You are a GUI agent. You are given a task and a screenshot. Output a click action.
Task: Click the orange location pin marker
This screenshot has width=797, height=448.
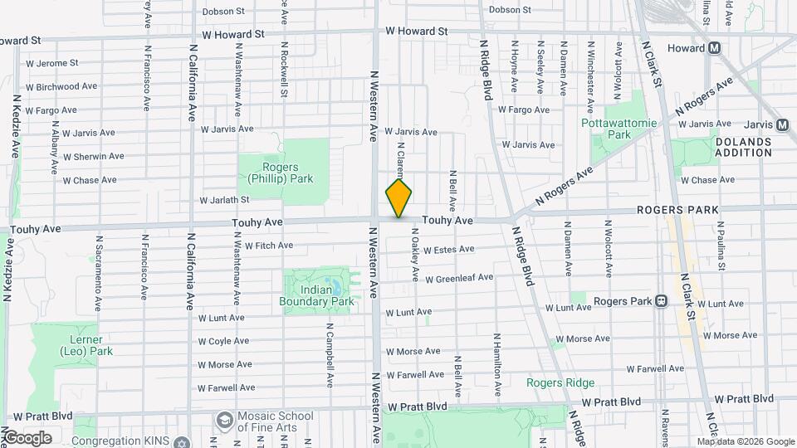(x=398, y=198)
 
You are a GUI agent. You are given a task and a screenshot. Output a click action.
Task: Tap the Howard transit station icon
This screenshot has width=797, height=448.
(x=714, y=49)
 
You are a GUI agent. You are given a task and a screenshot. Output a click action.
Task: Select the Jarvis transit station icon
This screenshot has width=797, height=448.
(x=781, y=125)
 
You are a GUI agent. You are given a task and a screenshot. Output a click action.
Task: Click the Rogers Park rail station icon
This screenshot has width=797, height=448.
(x=661, y=301)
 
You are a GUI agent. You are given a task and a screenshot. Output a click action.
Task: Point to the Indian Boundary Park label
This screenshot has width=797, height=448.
(x=327, y=295)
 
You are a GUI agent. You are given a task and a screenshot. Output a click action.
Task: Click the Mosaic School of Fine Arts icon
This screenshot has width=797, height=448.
(x=223, y=421)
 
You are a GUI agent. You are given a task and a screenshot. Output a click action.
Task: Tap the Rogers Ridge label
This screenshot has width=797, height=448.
(x=560, y=382)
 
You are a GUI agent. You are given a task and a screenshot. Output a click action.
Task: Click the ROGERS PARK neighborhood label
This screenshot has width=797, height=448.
(x=677, y=210)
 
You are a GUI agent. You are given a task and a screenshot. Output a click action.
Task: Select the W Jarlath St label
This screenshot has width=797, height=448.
(x=224, y=200)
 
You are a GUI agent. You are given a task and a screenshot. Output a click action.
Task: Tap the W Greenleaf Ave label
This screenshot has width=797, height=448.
(x=459, y=278)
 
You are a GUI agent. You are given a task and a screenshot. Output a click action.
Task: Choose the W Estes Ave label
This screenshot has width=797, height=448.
(x=448, y=249)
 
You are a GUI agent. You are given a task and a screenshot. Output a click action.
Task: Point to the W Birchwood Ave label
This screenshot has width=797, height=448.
(x=63, y=86)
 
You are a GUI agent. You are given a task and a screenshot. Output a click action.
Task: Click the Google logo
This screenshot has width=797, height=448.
(x=27, y=437)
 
